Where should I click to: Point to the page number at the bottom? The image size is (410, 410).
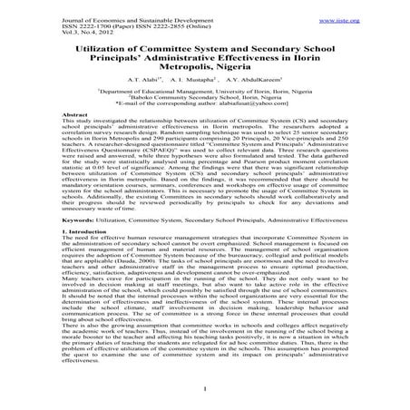[205, 391]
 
